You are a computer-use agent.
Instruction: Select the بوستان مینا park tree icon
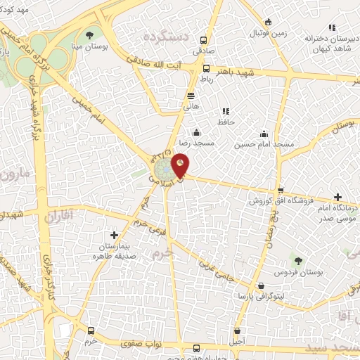click(89, 34)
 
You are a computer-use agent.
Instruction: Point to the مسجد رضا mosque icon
click(196, 133)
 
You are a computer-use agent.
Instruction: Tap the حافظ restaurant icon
click(225, 111)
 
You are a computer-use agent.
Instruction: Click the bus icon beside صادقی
click(204, 41)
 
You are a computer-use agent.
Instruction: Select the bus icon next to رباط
click(206, 69)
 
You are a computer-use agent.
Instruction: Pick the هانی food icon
click(191, 96)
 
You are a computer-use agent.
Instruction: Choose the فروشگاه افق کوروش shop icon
click(280, 191)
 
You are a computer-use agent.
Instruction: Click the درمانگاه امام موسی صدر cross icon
click(338, 198)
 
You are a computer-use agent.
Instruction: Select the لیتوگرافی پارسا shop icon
click(262, 286)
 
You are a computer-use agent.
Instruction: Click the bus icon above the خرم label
click(90, 330)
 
